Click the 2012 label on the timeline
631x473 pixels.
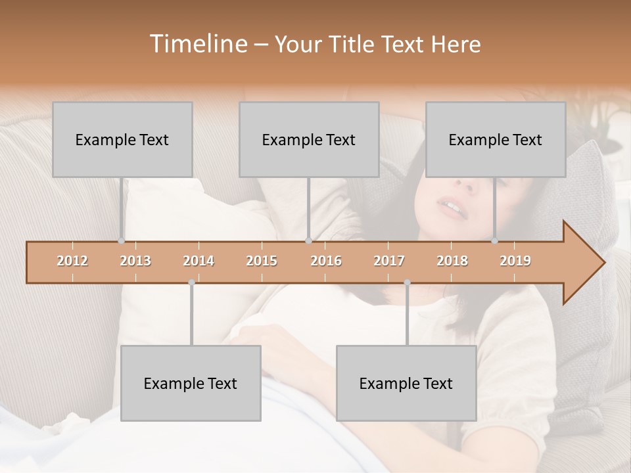click(72, 261)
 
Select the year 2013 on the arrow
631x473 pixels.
click(135, 261)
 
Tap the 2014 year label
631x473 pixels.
click(199, 261)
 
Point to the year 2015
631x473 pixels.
click(262, 261)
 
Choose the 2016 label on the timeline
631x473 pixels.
click(326, 261)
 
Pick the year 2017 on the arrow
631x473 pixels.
click(389, 261)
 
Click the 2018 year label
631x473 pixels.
click(452, 261)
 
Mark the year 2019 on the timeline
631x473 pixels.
click(515, 261)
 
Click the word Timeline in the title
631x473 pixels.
click(197, 44)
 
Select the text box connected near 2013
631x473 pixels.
click(122, 139)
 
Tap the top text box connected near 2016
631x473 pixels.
click(309, 139)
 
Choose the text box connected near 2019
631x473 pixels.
click(496, 139)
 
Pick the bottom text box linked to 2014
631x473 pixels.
click(191, 383)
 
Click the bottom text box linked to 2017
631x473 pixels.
click(406, 383)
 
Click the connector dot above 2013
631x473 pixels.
click(121, 241)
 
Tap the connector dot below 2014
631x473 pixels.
click(191, 282)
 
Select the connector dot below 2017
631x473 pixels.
click(407, 282)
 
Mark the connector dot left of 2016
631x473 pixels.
click(308, 241)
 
